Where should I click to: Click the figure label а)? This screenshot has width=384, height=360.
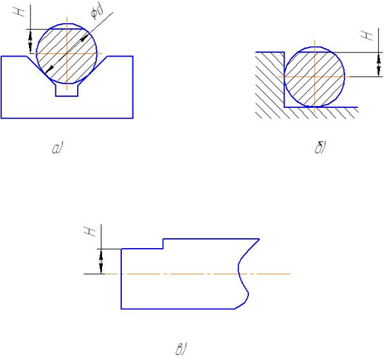click(x=57, y=148)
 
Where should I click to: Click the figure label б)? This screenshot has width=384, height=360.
click(x=320, y=148)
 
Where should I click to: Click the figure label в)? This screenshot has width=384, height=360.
click(x=181, y=349)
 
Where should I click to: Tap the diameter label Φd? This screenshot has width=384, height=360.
click(x=97, y=12)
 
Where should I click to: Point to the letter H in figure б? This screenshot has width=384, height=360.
click(x=367, y=35)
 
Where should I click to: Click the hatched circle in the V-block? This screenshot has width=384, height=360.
click(x=66, y=53)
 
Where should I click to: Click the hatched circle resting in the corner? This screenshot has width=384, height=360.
click(x=314, y=76)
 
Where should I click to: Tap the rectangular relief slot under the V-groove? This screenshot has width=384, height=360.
click(x=66, y=90)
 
